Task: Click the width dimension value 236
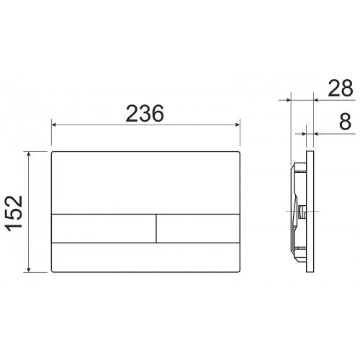[x=145, y=113]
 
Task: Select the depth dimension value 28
[x=341, y=88]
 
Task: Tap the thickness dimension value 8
[x=345, y=122]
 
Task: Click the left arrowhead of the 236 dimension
[x=54, y=125]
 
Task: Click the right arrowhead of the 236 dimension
[x=238, y=125]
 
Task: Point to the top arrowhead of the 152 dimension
[x=29, y=154]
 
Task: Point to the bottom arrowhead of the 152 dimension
[x=29, y=270]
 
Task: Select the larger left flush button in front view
[x=104, y=228]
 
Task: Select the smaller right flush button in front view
[x=198, y=228]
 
